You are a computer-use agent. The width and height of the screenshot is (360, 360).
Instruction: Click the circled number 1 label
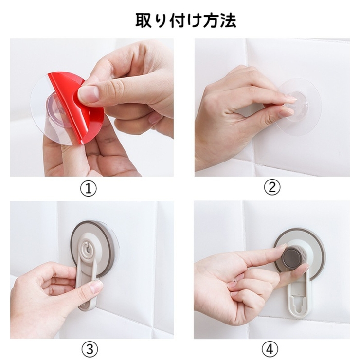pyautogui.click(x=88, y=188)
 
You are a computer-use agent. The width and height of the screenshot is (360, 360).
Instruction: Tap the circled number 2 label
pyautogui.click(x=272, y=188)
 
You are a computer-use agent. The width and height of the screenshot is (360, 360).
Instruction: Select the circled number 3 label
pyautogui.click(x=88, y=349)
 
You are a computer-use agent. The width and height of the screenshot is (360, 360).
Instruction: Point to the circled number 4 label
pyautogui.click(x=272, y=349)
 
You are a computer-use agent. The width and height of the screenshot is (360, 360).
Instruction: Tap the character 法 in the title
pyautogui.click(x=228, y=20)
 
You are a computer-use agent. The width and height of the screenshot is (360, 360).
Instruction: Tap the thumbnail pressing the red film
pyautogui.click(x=89, y=94)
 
